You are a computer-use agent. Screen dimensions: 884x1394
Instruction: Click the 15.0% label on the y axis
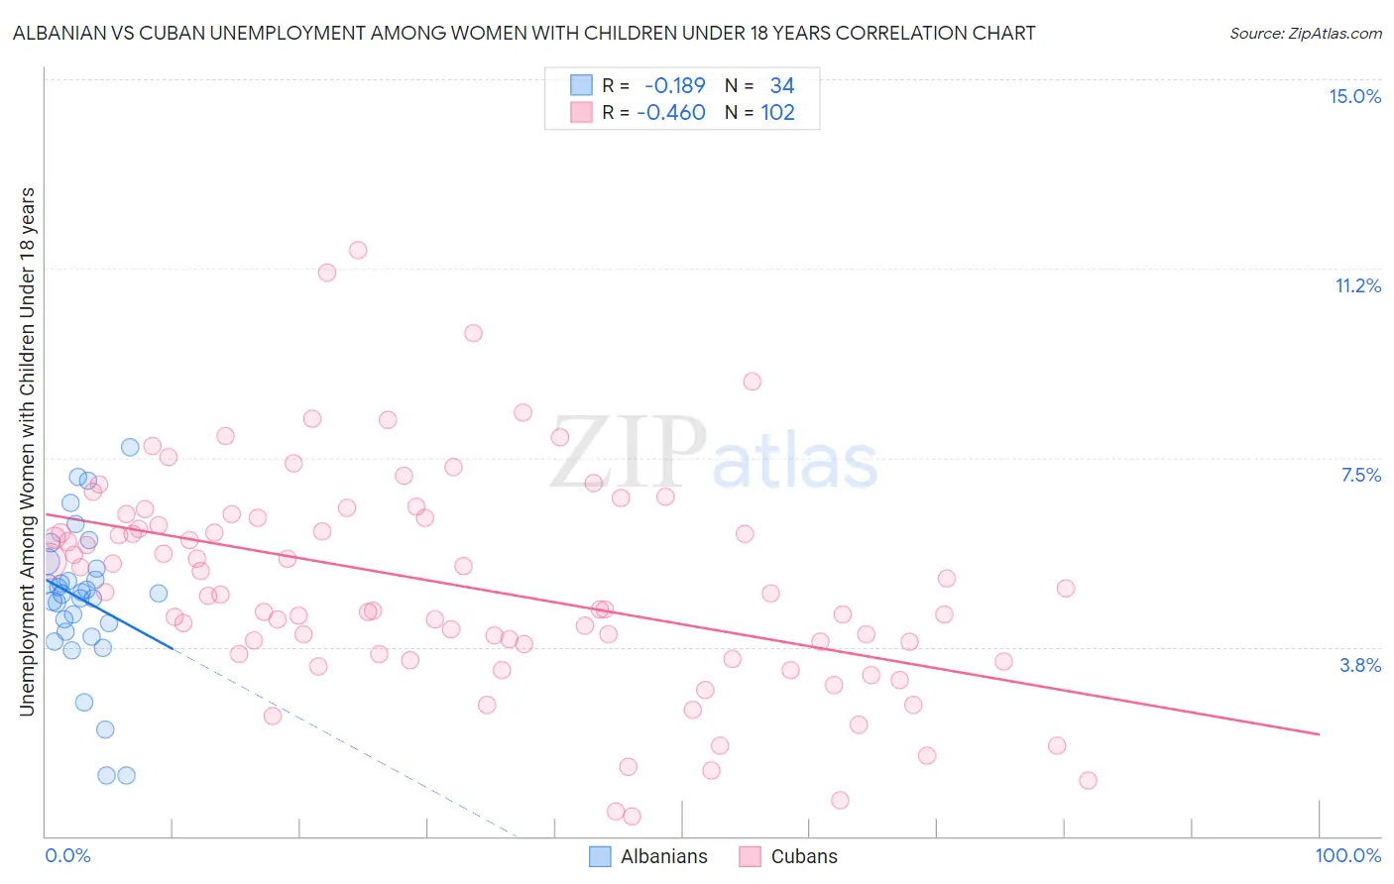pos(1354,96)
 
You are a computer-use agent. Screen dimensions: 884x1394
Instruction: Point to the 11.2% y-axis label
pos(1357,285)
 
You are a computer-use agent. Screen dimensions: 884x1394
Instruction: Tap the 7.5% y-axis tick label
pos(1360,475)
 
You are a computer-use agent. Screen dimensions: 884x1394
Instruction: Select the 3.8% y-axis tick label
pos(1360,665)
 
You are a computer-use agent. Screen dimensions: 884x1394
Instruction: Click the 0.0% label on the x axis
pos(67,855)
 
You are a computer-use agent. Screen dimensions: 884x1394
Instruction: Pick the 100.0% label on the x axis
pos(1347,855)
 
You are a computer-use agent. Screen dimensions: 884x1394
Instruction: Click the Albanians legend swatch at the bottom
pos(600,856)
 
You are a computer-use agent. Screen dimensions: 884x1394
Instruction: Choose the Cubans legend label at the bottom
pos(803,856)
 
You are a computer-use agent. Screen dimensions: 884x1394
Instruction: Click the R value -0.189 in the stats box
pos(674,86)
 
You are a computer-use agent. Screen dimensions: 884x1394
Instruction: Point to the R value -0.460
pos(670,113)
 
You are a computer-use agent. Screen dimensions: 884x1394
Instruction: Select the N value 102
pos(777,113)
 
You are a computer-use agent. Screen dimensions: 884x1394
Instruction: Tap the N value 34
pos(781,86)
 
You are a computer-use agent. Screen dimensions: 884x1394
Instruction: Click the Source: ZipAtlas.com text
pos(1305,33)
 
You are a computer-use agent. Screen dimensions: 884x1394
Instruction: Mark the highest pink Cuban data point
pos(358,250)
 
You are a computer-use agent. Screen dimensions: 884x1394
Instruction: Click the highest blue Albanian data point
pos(130,447)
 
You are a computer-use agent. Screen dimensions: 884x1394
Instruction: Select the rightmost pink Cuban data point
pos(1088,780)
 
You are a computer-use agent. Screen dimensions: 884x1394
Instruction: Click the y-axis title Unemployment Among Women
pos(27,451)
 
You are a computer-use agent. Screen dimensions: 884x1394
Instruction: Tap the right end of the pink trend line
pos(1319,734)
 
